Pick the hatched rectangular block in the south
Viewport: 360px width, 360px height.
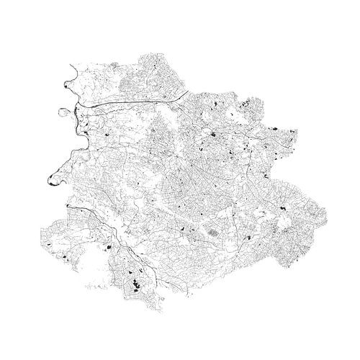214,233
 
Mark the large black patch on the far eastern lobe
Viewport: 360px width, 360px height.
283,209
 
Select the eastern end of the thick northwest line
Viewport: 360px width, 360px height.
189,91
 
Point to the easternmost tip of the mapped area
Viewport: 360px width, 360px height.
325,214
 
